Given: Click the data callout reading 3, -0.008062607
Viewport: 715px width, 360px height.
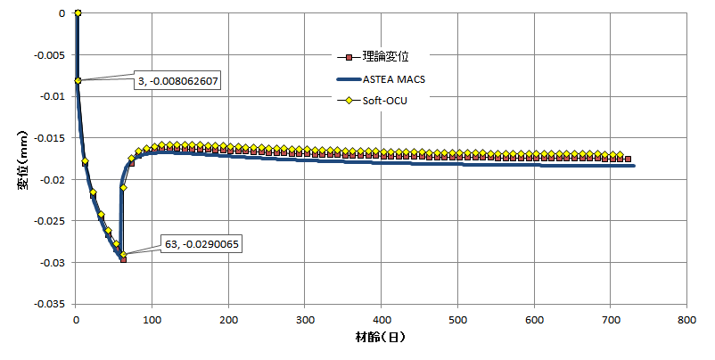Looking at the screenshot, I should point(177,81).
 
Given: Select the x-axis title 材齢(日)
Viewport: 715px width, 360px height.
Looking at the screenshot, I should point(382,339).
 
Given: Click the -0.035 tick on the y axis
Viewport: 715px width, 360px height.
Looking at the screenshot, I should point(52,304).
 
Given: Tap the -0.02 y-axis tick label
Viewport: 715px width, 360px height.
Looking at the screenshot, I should point(54,179).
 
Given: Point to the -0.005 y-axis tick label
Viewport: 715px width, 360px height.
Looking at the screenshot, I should point(52,54).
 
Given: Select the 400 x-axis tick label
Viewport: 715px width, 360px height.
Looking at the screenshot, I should point(382,318).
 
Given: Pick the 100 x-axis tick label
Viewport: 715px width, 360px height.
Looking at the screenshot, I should point(152,318).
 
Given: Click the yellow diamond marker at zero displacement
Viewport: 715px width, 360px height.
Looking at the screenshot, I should point(78,12).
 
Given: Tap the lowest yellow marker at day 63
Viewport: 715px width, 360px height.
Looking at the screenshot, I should point(123,255).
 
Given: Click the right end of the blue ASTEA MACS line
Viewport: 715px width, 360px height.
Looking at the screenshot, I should point(634,166).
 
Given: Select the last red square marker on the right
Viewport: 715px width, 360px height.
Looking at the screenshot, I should point(628,159).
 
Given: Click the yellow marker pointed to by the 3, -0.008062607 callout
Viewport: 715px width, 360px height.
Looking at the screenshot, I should point(78,80).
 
